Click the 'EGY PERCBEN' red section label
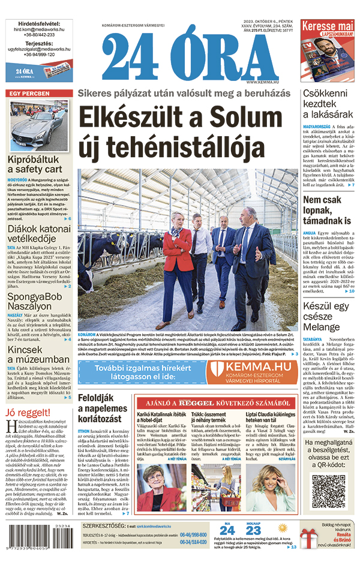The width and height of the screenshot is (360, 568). [27, 94]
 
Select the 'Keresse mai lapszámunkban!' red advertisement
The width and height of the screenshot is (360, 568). [328, 50]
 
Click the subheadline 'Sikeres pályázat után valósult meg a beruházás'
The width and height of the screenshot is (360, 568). [188, 93]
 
